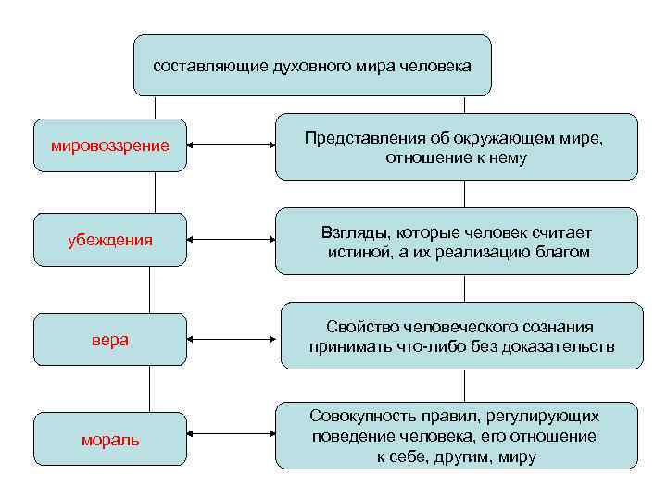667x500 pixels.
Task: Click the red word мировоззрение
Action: tap(109, 146)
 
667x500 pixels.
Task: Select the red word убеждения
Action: tap(109, 242)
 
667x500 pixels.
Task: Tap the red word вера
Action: tap(109, 340)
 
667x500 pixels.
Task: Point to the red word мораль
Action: tap(109, 440)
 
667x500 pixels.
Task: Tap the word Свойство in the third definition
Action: tap(356, 328)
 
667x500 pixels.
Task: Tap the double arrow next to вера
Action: tap(233, 340)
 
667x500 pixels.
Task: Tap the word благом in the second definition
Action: tap(565, 253)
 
